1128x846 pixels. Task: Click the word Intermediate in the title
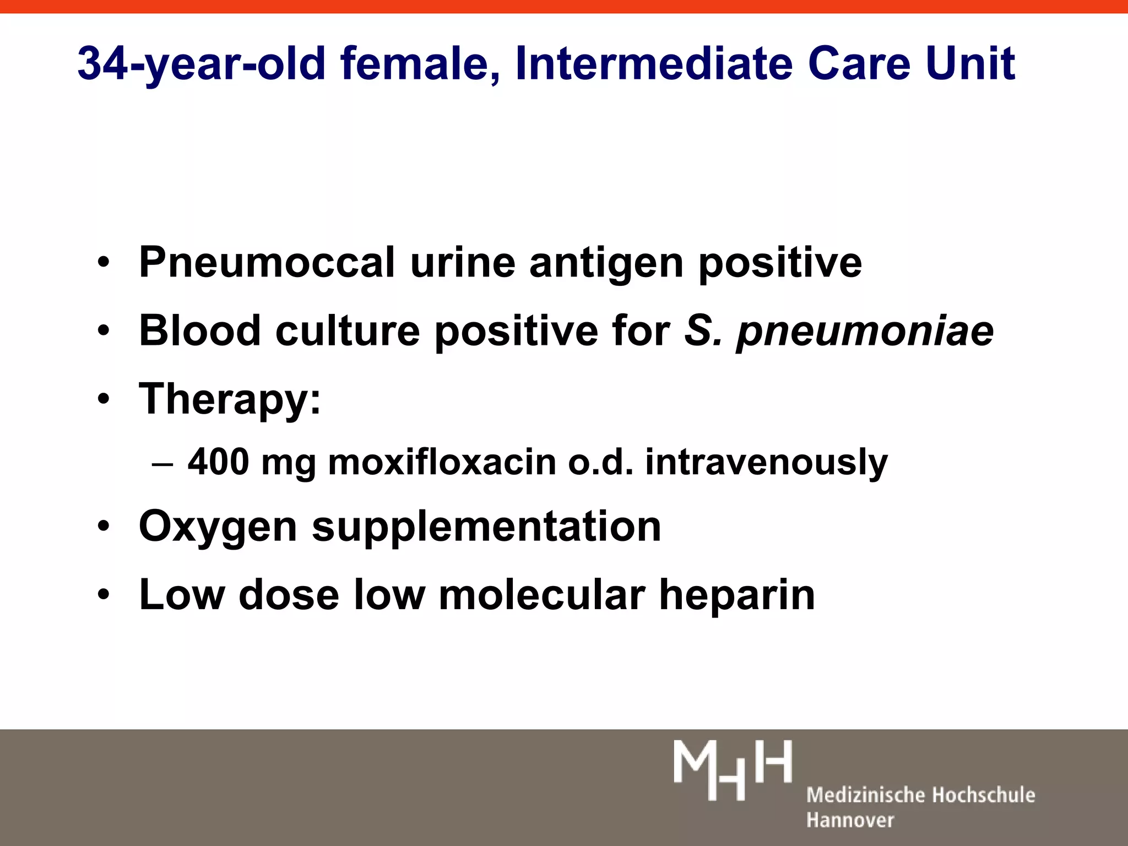(654, 64)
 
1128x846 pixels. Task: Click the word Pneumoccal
(267, 262)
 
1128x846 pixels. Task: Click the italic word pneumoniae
(865, 332)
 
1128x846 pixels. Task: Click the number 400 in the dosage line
(218, 462)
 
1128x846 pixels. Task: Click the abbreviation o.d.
(600, 462)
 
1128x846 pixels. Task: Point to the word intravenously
(766, 463)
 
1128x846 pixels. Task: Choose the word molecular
(542, 595)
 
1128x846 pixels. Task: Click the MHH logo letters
(733, 769)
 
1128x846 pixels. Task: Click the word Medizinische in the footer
(863, 795)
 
